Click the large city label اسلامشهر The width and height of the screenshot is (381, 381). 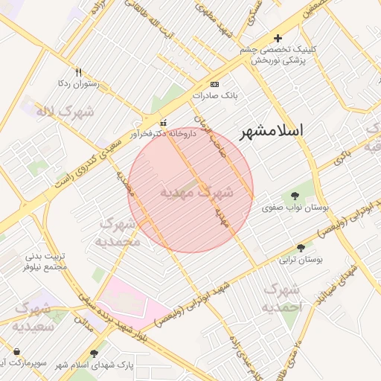point(272,132)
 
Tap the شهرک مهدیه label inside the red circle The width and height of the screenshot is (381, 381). point(197,192)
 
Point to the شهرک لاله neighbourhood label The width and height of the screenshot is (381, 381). point(66,112)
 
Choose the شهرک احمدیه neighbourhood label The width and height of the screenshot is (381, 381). point(283,297)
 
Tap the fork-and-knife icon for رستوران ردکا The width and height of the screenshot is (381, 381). point(79,73)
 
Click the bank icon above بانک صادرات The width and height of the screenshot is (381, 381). point(215,84)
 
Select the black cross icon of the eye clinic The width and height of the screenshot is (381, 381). point(278,37)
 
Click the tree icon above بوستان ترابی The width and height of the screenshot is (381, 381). point(301,248)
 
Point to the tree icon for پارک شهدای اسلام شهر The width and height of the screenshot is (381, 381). point(94,353)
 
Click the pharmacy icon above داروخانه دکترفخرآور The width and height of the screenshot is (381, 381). point(164,123)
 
